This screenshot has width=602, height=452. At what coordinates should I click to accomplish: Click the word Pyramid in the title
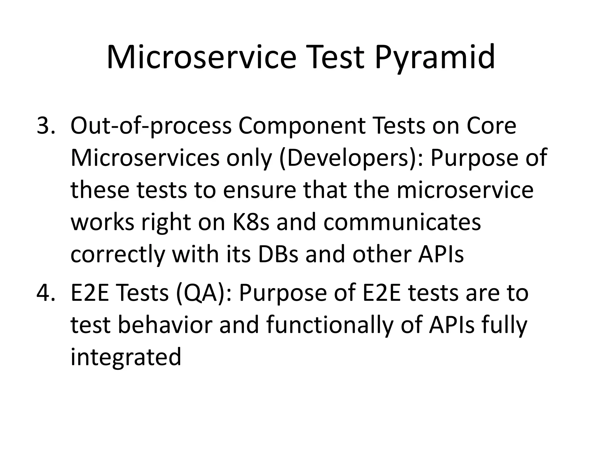(x=434, y=57)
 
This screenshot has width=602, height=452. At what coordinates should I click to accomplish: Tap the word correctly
(x=118, y=254)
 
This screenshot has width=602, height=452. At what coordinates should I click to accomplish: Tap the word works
(x=103, y=222)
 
